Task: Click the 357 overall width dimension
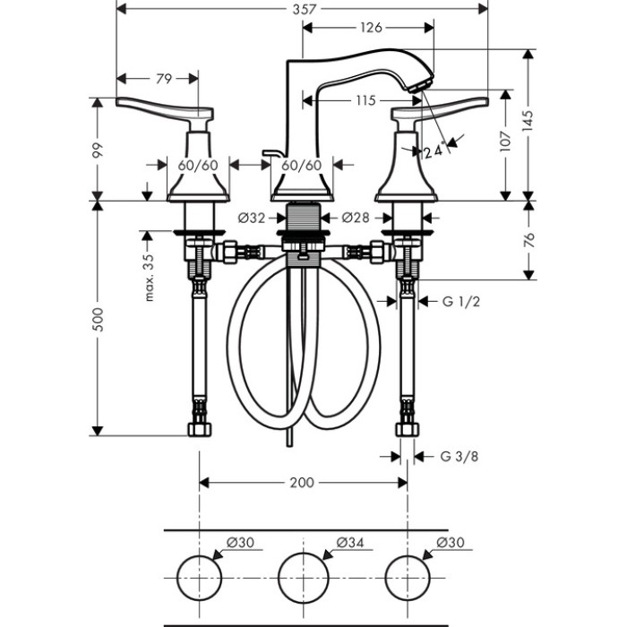305,9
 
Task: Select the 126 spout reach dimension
371,28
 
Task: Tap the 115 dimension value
365,100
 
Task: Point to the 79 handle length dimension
164,79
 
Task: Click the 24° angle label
434,150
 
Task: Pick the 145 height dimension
528,121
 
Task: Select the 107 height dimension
506,141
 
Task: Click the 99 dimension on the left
98,150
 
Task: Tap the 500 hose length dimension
98,319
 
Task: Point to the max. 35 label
149,277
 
